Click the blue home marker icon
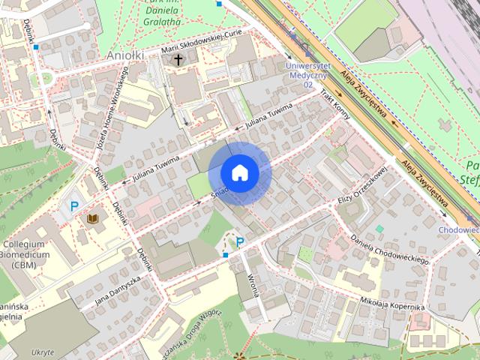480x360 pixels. (x=239, y=172)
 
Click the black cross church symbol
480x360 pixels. (x=178, y=59)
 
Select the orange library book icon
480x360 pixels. (x=94, y=218)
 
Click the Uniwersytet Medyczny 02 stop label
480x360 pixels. (x=307, y=75)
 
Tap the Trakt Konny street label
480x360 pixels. (x=335, y=105)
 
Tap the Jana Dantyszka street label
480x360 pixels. (x=118, y=290)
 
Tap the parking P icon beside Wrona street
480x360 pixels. (x=240, y=241)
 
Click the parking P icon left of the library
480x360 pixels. (x=73, y=206)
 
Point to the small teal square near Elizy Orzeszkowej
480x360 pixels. (x=379, y=229)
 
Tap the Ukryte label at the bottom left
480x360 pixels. (x=43, y=352)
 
